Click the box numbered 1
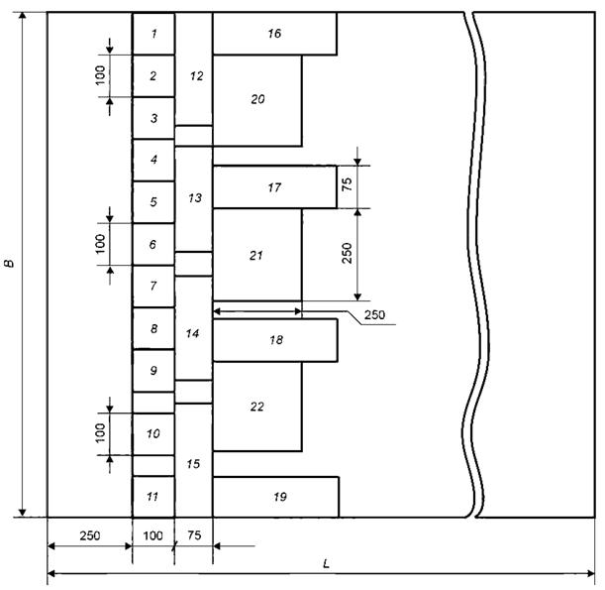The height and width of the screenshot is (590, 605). click(153, 34)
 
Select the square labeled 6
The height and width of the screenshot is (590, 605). click(153, 244)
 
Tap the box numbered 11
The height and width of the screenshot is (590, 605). click(153, 497)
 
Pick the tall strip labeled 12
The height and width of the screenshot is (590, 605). click(194, 69)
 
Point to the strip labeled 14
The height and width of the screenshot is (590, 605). click(194, 328)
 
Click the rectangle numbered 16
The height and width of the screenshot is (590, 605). click(274, 34)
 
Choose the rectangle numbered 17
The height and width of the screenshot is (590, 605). click(274, 187)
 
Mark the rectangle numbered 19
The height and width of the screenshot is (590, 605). click(276, 497)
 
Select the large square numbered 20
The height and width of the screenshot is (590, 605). click(257, 100)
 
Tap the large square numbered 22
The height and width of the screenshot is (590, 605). click(257, 407)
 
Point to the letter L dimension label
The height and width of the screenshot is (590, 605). click(326, 564)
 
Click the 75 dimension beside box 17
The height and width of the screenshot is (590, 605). click(347, 184)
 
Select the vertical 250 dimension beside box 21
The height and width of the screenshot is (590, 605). click(347, 253)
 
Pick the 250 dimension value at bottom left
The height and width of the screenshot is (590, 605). click(90, 535)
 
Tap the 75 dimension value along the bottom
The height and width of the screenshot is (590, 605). click(194, 535)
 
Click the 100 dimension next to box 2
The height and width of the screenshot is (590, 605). click(100, 75)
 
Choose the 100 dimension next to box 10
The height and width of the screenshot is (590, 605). click(100, 433)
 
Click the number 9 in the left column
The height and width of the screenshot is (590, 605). click(153, 371)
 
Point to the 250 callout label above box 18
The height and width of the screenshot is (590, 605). click(374, 315)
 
